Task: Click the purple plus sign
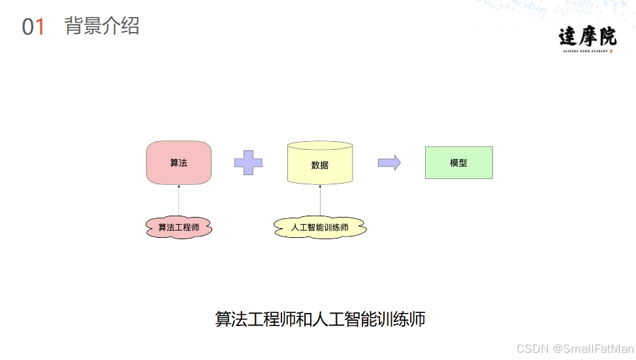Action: (x=248, y=162)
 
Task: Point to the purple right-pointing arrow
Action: (x=389, y=163)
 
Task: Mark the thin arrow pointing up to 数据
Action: (x=320, y=200)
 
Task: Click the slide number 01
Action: (x=33, y=27)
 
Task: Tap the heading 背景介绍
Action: (x=102, y=26)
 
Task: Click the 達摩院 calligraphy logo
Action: (x=587, y=36)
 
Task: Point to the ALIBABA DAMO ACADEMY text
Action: (x=584, y=50)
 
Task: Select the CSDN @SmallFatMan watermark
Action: (x=575, y=349)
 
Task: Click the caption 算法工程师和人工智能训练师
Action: (x=320, y=319)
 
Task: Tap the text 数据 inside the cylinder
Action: (x=320, y=165)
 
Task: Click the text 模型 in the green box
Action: (x=458, y=163)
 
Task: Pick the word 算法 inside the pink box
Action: (x=178, y=163)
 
